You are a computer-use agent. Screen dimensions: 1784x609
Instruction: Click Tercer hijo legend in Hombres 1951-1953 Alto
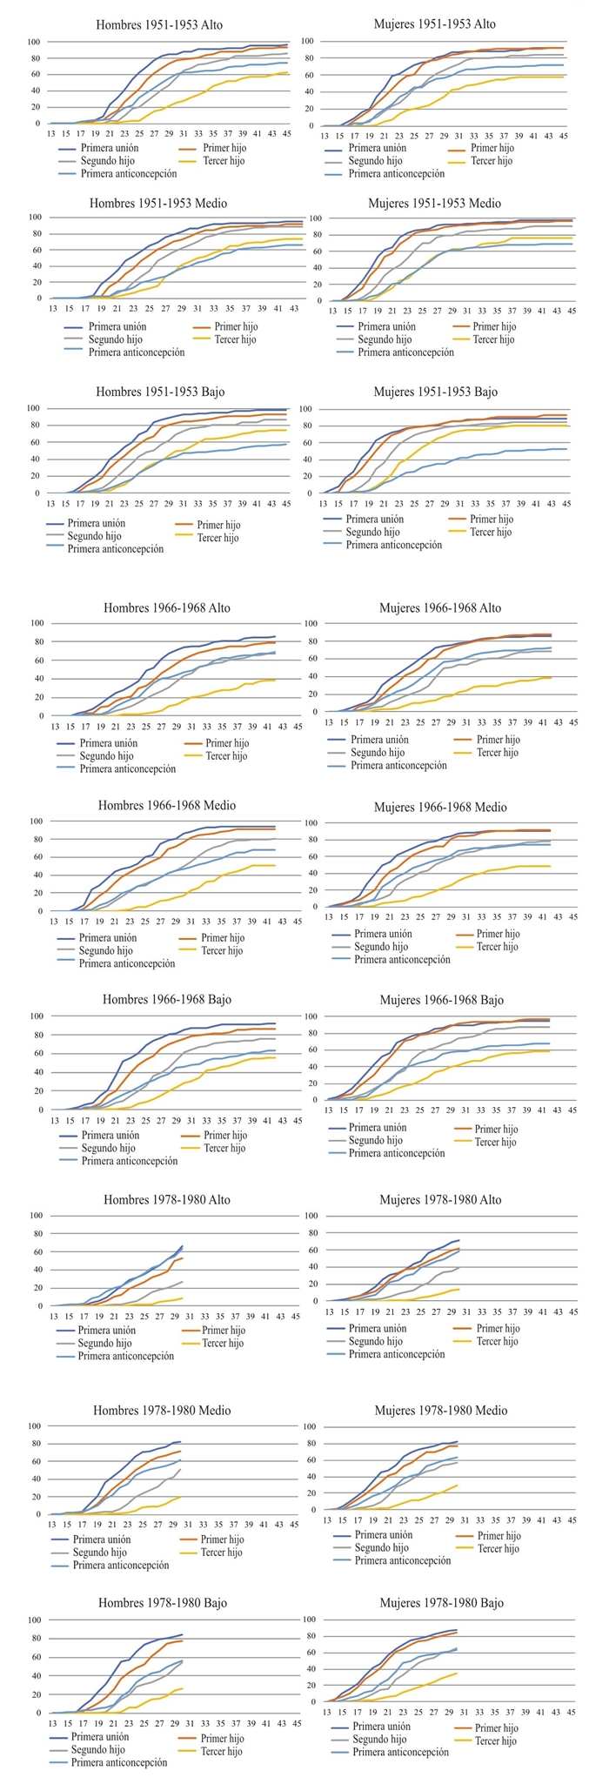tap(224, 160)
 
